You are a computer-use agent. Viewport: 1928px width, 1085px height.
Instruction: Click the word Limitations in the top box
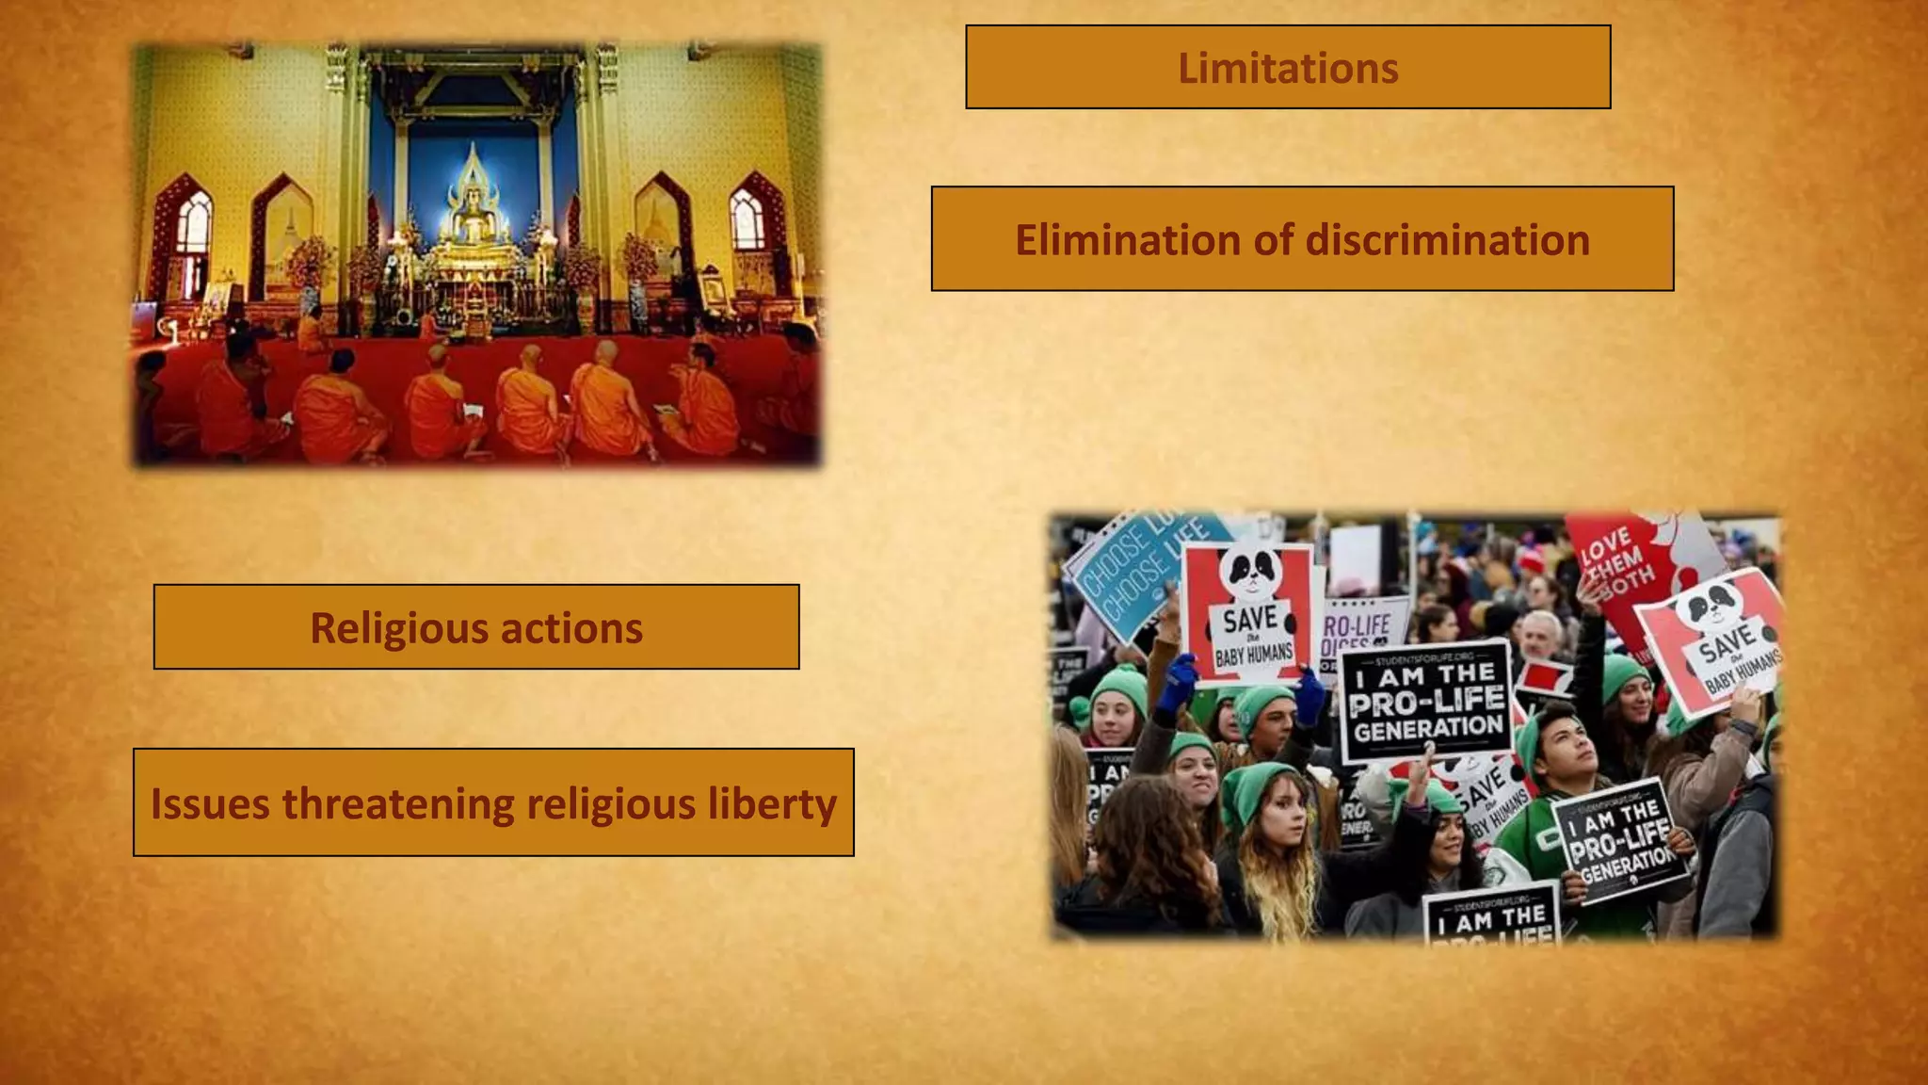pos(1288,68)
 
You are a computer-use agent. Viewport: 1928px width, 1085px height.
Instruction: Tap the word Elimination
pos(1127,240)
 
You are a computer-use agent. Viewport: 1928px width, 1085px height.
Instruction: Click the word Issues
pos(210,804)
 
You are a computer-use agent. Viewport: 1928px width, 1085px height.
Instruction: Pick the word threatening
pos(397,804)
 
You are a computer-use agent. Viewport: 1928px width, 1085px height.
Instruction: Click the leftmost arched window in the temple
pos(193,226)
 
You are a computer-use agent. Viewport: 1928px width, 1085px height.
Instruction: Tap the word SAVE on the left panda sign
pos(1250,621)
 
